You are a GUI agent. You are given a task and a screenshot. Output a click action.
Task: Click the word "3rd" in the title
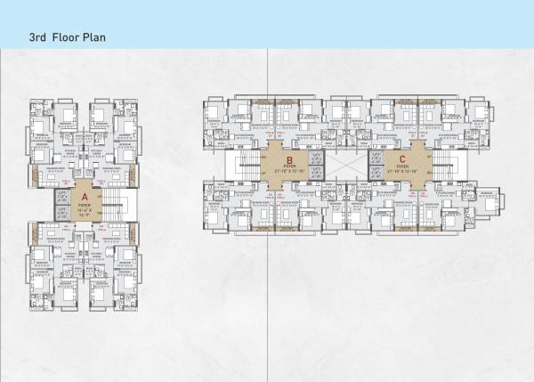[x=39, y=40]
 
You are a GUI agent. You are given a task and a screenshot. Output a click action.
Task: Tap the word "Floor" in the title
[x=69, y=40]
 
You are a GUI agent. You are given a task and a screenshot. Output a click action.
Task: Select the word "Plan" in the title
[x=100, y=40]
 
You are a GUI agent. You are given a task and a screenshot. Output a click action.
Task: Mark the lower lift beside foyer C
[x=374, y=173]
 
